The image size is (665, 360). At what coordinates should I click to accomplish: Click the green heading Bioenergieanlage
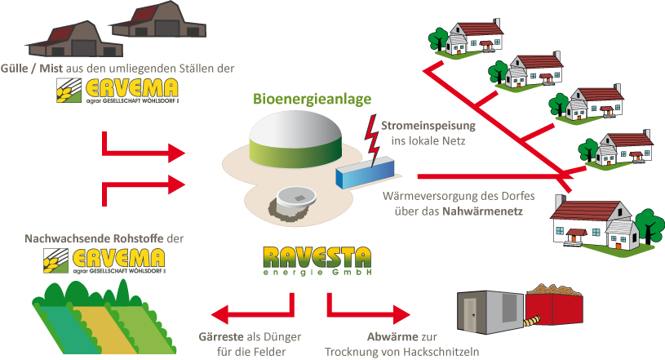pos(312,99)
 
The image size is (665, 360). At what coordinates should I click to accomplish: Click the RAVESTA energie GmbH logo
pos(317,261)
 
